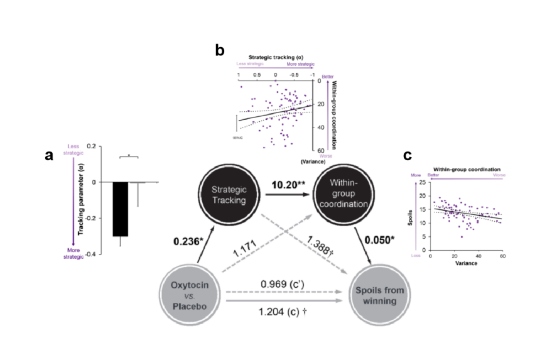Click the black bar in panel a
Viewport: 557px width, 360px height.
click(x=120, y=209)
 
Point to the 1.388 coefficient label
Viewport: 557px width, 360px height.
click(x=320, y=245)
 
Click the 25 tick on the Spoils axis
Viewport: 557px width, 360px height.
click(x=421, y=182)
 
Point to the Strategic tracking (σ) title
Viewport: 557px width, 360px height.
click(x=275, y=57)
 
